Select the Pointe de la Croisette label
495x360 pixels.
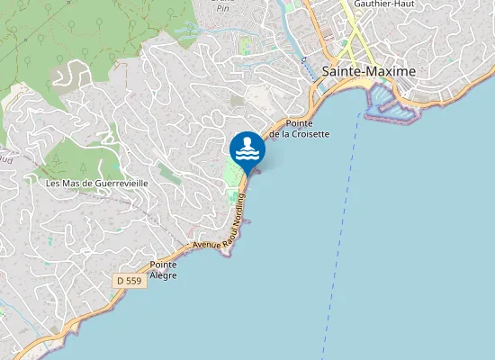point(306,128)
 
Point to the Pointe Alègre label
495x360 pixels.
point(163,269)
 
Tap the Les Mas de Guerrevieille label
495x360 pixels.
point(96,183)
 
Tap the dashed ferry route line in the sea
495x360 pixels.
point(342,225)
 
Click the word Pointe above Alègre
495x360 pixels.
point(163,265)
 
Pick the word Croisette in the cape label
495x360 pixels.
point(309,133)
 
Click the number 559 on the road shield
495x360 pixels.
point(135,281)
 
